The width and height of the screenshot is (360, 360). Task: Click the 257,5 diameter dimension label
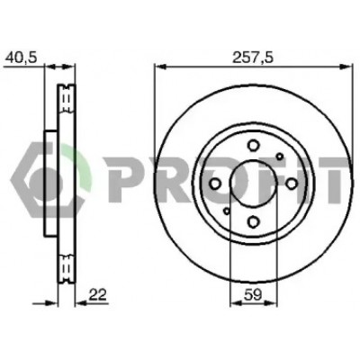(x=254, y=57)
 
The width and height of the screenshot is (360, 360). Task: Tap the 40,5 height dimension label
(x=22, y=58)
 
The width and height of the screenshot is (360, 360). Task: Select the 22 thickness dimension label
(x=97, y=295)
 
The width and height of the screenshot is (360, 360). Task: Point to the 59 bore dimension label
(x=253, y=295)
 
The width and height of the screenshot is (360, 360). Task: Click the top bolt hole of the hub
(x=253, y=146)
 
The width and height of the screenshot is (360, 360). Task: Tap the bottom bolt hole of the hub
(x=254, y=221)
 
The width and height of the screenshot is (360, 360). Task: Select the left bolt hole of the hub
(x=215, y=184)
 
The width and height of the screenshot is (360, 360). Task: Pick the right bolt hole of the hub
(x=292, y=184)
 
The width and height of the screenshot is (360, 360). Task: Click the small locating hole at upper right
(x=280, y=157)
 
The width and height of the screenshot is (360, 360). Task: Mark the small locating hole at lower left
(x=227, y=211)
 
